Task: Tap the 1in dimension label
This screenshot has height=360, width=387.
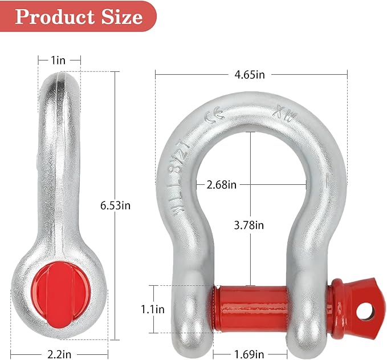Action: [x=59, y=60]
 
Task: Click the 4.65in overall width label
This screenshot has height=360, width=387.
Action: [x=252, y=74]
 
